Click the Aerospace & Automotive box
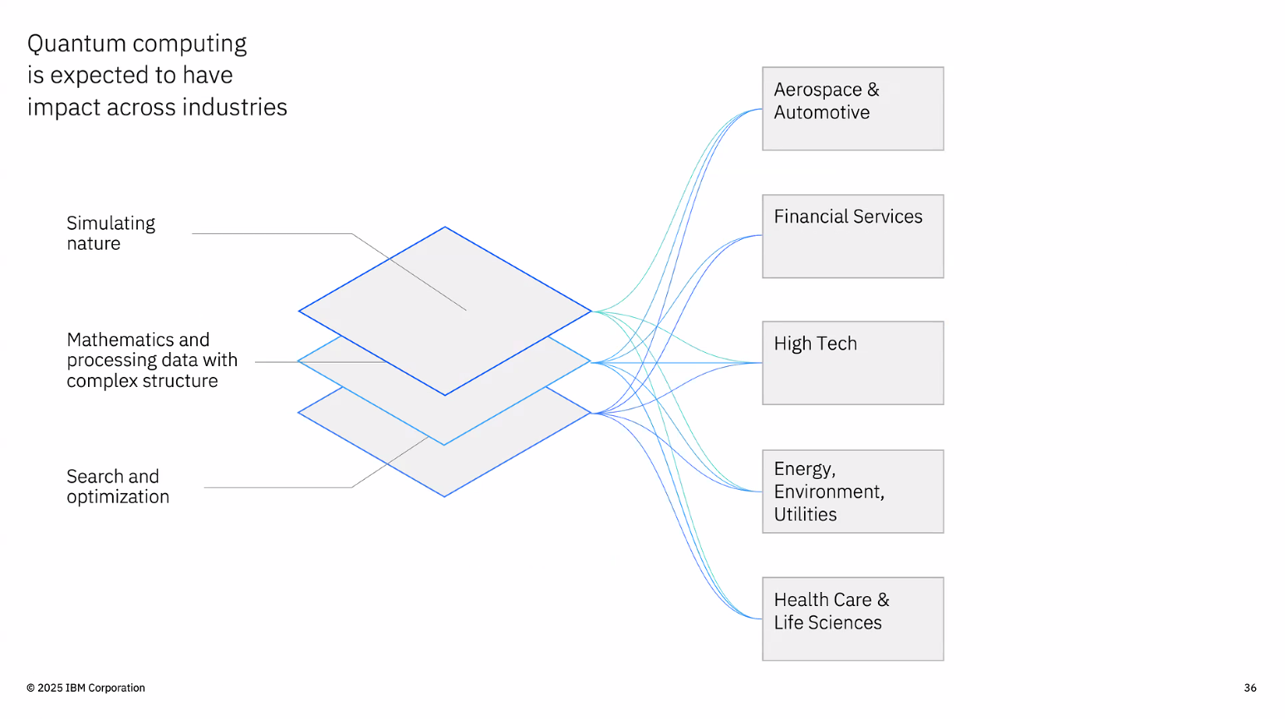(x=852, y=109)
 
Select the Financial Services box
(x=852, y=237)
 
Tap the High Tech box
(x=852, y=363)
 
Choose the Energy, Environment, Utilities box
(x=852, y=492)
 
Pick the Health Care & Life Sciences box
(x=852, y=619)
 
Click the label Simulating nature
(x=110, y=233)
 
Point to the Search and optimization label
(x=118, y=487)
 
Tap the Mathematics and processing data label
(x=152, y=360)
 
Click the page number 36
(x=1250, y=687)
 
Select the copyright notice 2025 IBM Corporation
(x=86, y=687)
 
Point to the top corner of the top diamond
(x=444, y=227)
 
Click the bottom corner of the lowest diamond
(x=444, y=496)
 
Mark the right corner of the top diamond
(x=591, y=311)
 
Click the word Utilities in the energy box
(x=805, y=514)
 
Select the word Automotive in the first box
(x=822, y=112)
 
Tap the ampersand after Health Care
(x=884, y=599)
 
